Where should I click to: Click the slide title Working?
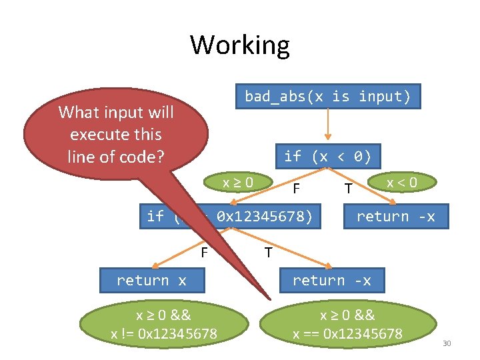click(240, 45)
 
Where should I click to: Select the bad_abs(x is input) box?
click(327, 97)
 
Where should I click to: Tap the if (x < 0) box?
click(327, 157)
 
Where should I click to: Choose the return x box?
click(151, 281)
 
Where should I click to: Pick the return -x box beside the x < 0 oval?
click(395, 216)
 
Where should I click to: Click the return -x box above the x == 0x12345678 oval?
click(331, 281)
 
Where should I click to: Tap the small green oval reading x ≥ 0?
click(238, 182)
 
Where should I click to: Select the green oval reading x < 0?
click(402, 182)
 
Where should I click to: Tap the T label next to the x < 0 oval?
click(347, 189)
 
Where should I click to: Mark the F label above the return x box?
click(205, 252)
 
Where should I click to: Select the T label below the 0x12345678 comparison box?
click(267, 253)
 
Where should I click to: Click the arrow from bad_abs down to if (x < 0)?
click(327, 127)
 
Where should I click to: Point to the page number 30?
click(447, 343)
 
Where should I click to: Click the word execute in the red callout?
click(116, 134)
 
